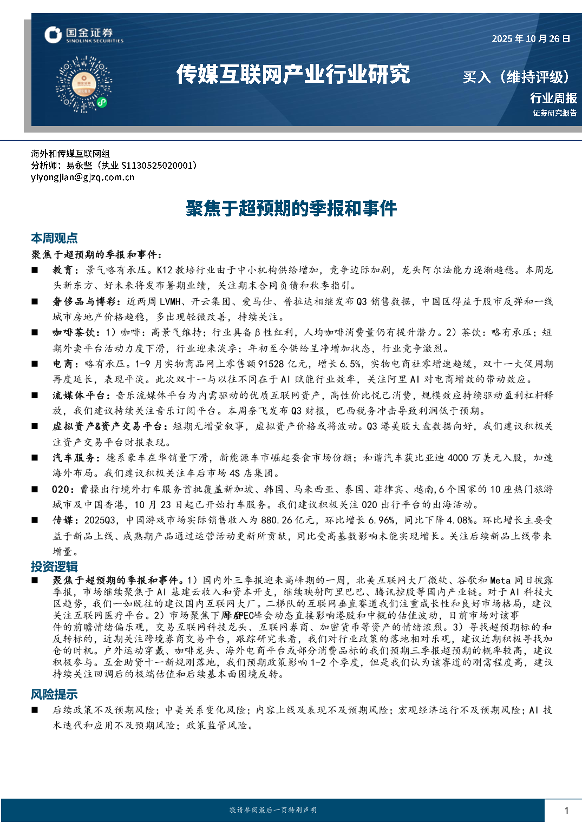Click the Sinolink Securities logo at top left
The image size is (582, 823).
(84, 35)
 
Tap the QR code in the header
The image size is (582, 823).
(84, 84)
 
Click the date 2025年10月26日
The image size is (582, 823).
(531, 38)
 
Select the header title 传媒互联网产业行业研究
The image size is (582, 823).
(293, 75)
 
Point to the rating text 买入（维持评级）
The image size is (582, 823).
(516, 77)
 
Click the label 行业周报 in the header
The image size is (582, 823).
(553, 98)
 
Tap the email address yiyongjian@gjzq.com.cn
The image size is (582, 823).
(82, 177)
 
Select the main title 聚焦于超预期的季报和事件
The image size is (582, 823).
(291, 208)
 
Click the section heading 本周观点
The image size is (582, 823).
(54, 238)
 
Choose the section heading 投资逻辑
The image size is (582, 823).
(54, 567)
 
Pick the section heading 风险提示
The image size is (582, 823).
(54, 694)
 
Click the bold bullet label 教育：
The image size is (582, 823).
(66, 270)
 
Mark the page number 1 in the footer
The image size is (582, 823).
(566, 810)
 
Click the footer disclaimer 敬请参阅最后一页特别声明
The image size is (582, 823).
(273, 810)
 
